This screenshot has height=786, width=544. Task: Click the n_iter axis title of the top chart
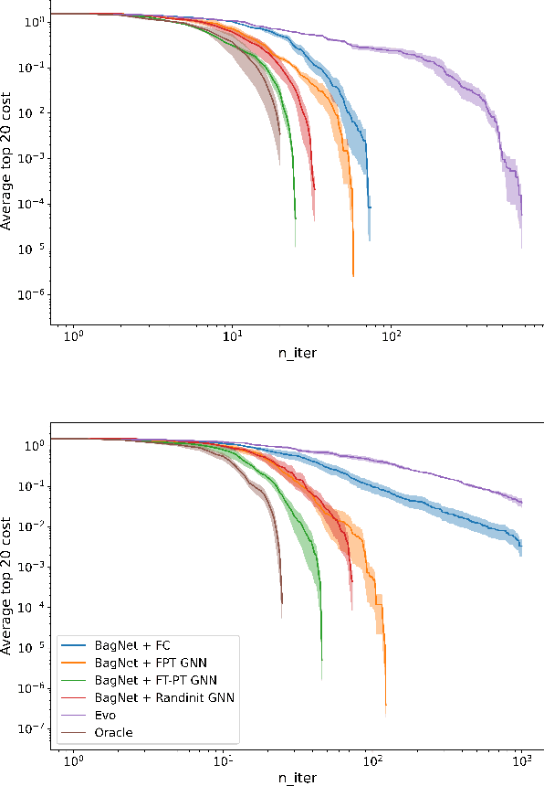pos(297,353)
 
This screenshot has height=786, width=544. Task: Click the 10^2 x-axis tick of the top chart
pos(392,337)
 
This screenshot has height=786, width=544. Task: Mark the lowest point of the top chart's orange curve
pos(353,275)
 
